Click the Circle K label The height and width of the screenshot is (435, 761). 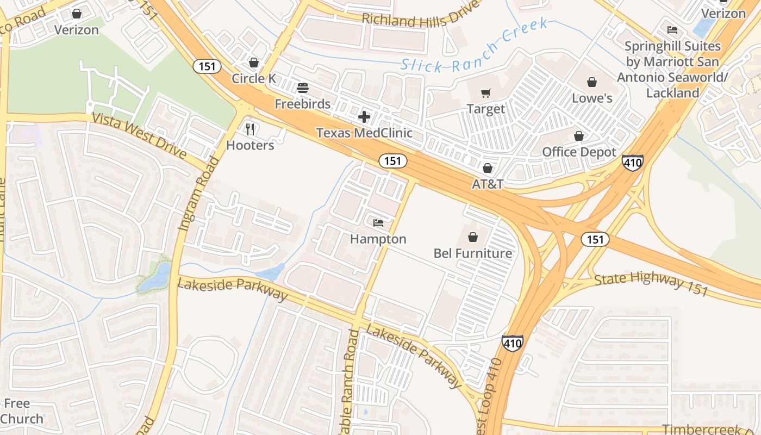[x=254, y=78]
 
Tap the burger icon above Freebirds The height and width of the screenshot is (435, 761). [x=303, y=88]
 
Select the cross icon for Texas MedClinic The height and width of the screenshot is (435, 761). [x=364, y=117]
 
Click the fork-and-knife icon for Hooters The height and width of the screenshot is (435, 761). [x=250, y=129]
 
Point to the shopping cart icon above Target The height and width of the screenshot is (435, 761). [x=486, y=94]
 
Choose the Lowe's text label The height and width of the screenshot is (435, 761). [x=592, y=98]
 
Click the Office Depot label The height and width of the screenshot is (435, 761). [x=579, y=152]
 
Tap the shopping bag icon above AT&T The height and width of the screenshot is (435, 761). [x=488, y=168]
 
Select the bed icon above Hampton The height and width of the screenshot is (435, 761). [x=378, y=223]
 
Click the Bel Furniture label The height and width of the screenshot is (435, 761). [x=472, y=253]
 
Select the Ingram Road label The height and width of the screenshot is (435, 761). [x=198, y=194]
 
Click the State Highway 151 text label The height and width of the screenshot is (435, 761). [x=651, y=284]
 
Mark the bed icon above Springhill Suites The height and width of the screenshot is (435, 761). [x=672, y=30]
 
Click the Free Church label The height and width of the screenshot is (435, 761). [x=22, y=411]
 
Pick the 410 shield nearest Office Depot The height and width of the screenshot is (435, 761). [x=633, y=162]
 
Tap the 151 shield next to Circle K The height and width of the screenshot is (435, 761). [x=207, y=67]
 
